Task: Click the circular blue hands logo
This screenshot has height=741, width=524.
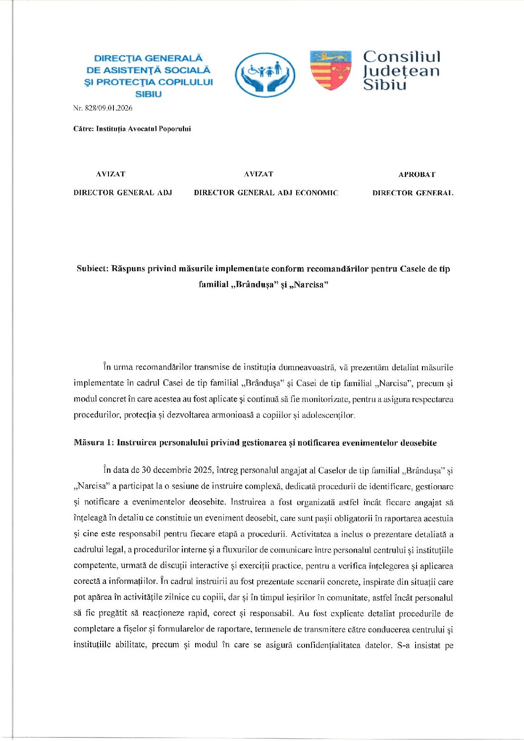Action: click(265, 74)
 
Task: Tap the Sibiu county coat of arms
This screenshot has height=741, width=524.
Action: click(330, 70)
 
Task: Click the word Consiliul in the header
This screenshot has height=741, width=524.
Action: click(401, 57)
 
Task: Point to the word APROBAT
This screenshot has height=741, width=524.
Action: click(417, 174)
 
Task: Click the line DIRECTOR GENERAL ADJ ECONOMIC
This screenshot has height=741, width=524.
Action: click(266, 193)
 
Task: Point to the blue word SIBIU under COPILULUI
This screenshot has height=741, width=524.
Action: click(149, 94)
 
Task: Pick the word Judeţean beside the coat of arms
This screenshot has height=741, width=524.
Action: click(401, 71)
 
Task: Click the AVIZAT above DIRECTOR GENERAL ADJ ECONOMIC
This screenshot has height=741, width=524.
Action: click(258, 174)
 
